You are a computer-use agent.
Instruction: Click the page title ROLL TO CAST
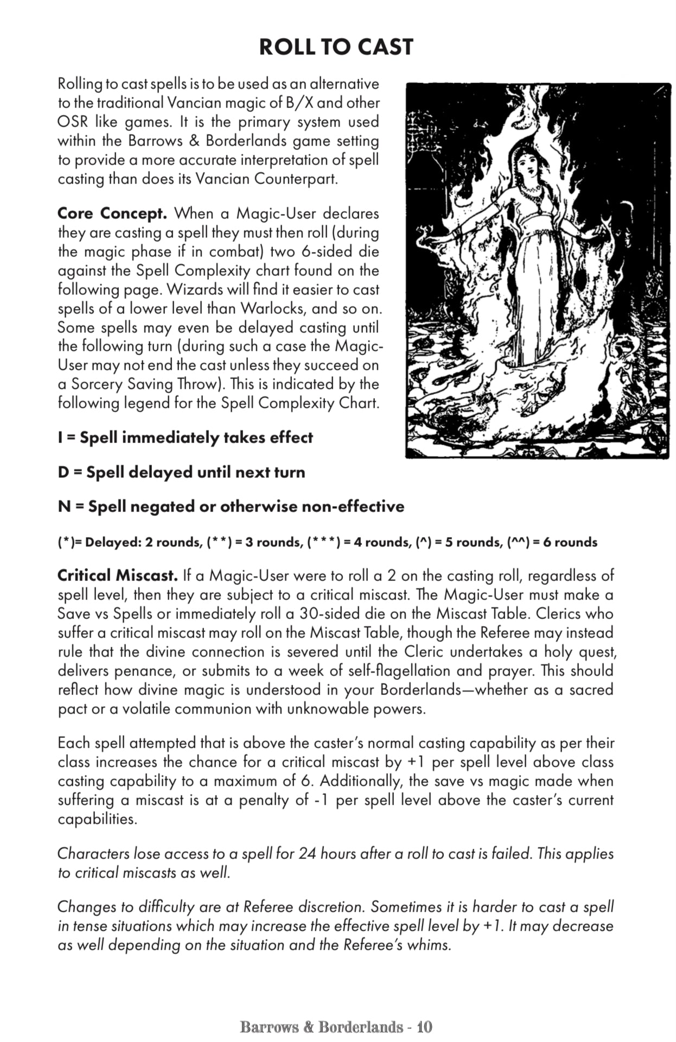point(336,47)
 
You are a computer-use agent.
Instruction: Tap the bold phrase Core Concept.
point(112,213)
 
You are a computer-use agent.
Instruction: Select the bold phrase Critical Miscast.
point(117,575)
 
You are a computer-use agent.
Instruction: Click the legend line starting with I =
point(185,438)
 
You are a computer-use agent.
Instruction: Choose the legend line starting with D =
point(181,472)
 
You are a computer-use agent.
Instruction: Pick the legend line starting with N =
point(231,507)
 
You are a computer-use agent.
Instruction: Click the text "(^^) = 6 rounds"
point(552,542)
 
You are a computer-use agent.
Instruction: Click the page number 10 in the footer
point(425,1027)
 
